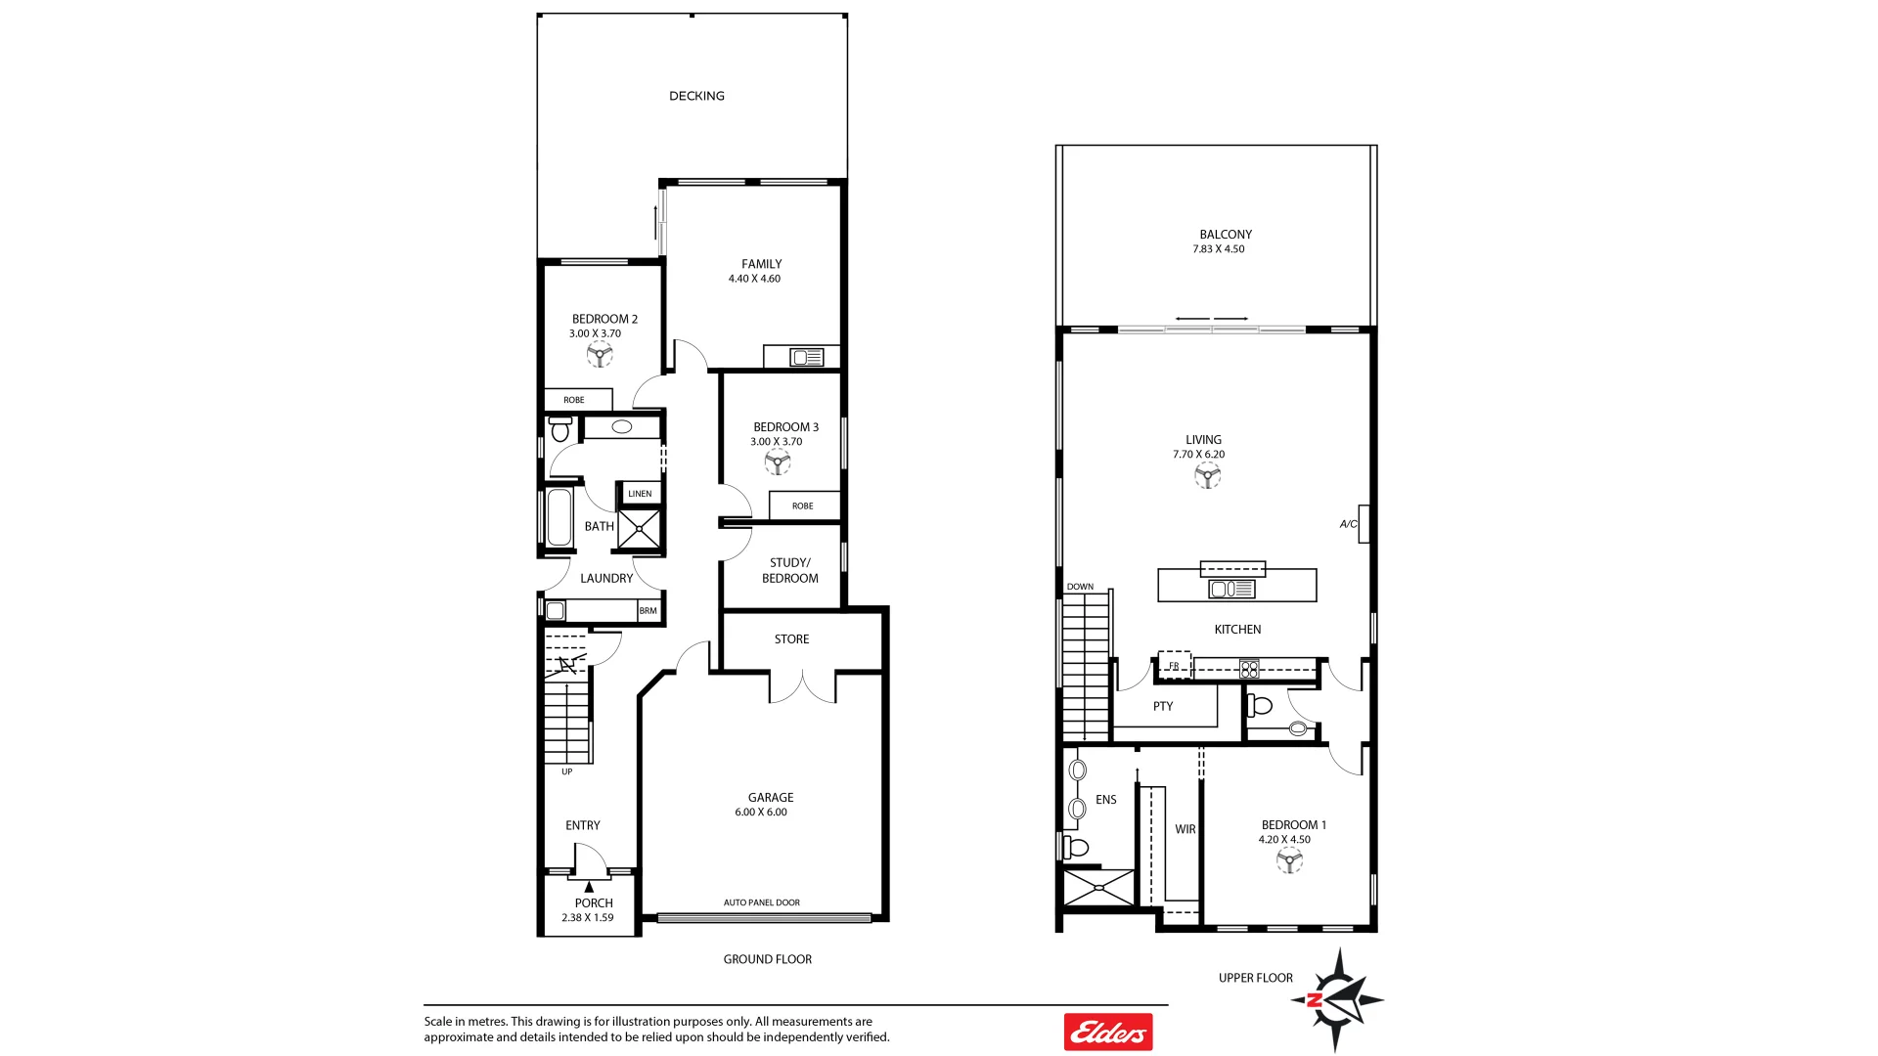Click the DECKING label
tap(696, 96)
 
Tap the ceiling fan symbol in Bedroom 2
tap(600, 354)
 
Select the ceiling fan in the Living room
tap(1207, 476)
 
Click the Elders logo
tap(1108, 1032)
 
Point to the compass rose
tap(1336, 999)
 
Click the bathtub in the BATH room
tap(559, 517)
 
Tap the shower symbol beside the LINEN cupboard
tap(640, 529)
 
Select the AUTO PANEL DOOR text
tap(761, 902)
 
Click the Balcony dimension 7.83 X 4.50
tap(1218, 249)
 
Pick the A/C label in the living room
tap(1348, 524)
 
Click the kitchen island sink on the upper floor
tap(1231, 589)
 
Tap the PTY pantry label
tap(1162, 706)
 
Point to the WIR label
tap(1185, 829)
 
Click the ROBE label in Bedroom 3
tap(802, 506)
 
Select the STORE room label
tap(791, 639)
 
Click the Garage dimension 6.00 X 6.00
tap(760, 813)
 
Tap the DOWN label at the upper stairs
tap(1080, 587)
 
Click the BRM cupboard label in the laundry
tap(648, 611)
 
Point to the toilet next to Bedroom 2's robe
tap(560, 428)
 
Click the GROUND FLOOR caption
tap(767, 959)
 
